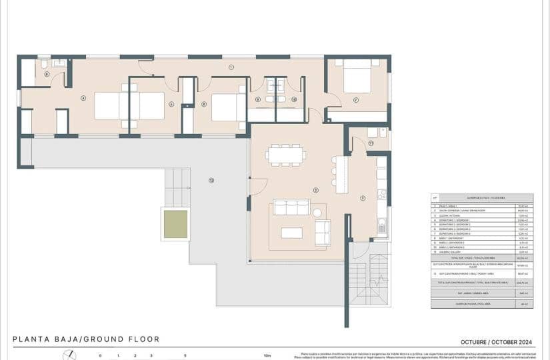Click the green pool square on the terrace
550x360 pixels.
pyautogui.click(x=176, y=224)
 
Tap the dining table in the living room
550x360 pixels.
pyautogui.click(x=285, y=155)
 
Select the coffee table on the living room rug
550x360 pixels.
pyautogui.click(x=291, y=233)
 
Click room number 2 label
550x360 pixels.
pyautogui.click(x=315, y=190)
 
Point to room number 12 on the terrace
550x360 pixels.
pyautogui.click(x=211, y=180)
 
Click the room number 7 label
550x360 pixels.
pyautogui.click(x=356, y=101)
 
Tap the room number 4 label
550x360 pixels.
pyautogui.click(x=83, y=98)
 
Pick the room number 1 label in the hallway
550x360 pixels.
pyautogui.click(x=231, y=67)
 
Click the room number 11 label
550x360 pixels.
pyautogui.click(x=371, y=143)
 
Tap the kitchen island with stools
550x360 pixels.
pyautogui.click(x=341, y=174)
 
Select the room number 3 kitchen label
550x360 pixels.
pyautogui.click(x=362, y=197)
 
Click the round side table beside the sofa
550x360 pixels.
pyautogui.click(x=317, y=213)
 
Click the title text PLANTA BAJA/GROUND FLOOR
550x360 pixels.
pyautogui.click(x=86, y=339)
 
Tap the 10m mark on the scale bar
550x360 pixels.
pyautogui.click(x=267, y=356)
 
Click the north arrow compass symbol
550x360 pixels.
pyautogui.click(x=69, y=355)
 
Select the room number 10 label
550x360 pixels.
pyautogui.click(x=294, y=99)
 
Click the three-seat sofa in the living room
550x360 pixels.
pyautogui.click(x=291, y=207)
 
